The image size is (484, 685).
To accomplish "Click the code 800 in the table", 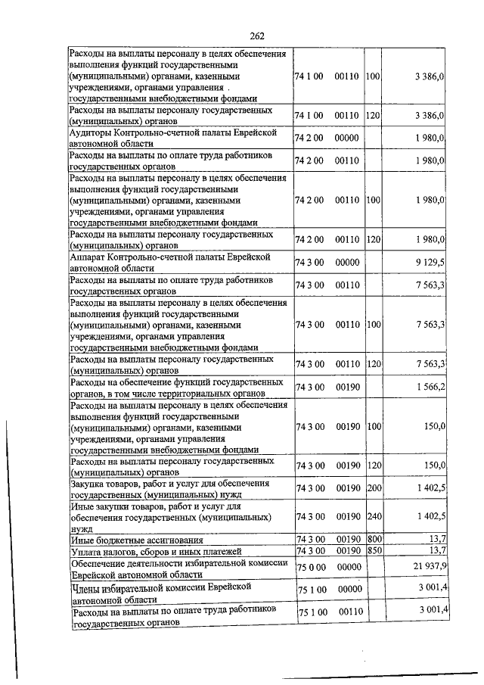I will [x=374, y=539].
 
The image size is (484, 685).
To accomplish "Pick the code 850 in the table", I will [x=374, y=550].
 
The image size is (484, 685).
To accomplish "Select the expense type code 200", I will [x=374, y=490].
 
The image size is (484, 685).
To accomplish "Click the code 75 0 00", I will [x=310, y=566].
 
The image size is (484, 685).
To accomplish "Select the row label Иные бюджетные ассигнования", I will [x=136, y=540].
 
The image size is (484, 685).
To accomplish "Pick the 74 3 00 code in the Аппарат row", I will [x=309, y=263].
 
